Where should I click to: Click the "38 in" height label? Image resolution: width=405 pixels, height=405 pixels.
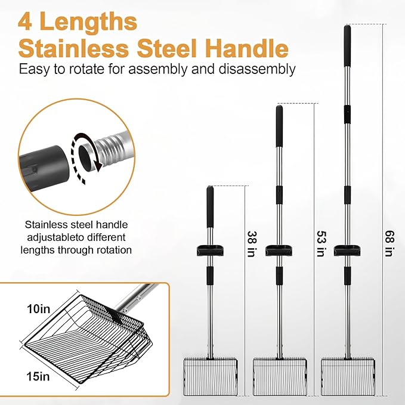click(252, 244)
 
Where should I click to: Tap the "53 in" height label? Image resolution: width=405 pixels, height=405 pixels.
click(321, 244)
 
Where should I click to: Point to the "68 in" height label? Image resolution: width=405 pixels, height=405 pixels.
click(389, 243)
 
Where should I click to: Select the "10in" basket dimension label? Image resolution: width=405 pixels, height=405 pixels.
click(39, 309)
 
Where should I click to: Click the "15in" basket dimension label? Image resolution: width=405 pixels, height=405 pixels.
click(38, 376)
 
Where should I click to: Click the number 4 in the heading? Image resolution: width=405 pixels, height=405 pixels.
click(25, 22)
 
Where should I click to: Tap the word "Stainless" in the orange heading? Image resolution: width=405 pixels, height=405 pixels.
click(73, 48)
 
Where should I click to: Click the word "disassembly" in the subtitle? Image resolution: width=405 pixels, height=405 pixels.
click(257, 69)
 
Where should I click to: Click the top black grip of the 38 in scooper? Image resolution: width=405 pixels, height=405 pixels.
click(210, 206)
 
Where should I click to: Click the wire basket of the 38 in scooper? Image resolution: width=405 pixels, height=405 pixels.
click(210, 376)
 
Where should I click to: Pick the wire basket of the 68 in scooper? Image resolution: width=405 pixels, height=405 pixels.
click(348, 376)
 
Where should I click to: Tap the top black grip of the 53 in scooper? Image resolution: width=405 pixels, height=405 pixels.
click(279, 126)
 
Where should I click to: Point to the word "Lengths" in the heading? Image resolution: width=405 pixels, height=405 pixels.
click(89, 22)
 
